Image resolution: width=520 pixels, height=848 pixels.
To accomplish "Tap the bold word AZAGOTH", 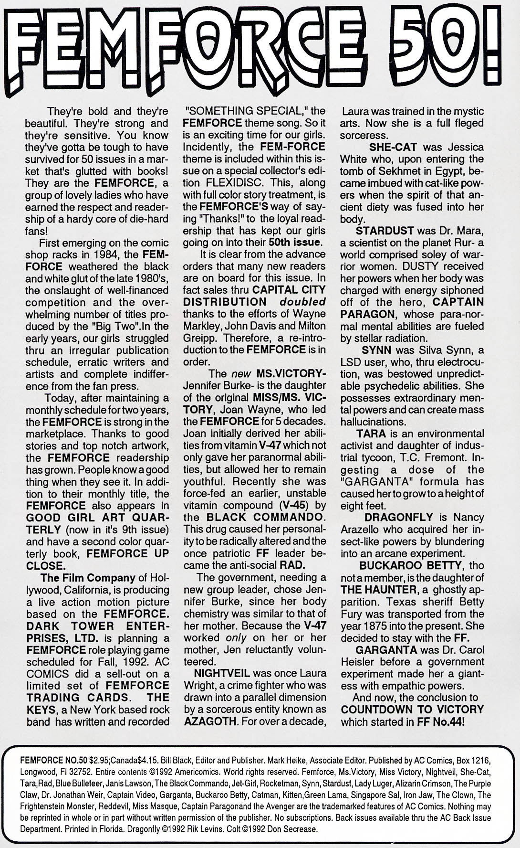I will pyautogui.click(x=208, y=721).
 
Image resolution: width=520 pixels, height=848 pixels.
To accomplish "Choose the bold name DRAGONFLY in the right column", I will pyautogui.click(x=398, y=517).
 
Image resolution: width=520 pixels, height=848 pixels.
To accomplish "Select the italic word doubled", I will pyautogui.click(x=302, y=302).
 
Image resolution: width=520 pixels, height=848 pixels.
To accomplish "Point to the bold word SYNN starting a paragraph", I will pyautogui.click(x=376, y=350).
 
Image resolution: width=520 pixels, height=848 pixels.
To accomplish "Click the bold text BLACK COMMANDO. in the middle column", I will pyautogui.click(x=266, y=517).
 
